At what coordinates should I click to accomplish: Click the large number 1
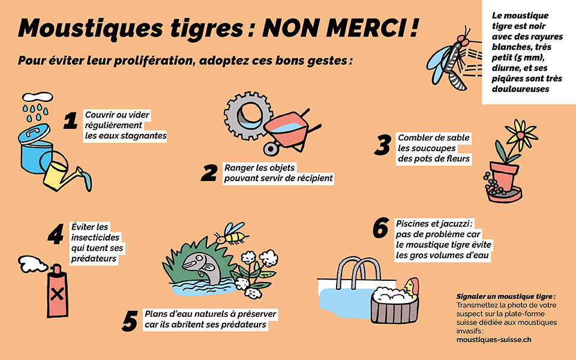pyautogui.click(x=71, y=121)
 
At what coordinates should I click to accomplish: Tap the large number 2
pyautogui.click(x=209, y=173)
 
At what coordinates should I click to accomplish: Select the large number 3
pyautogui.click(x=381, y=145)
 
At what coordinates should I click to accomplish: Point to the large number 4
pyautogui.click(x=55, y=234)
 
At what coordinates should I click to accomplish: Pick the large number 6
pyautogui.click(x=380, y=229)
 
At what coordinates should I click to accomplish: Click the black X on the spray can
pyautogui.click(x=58, y=294)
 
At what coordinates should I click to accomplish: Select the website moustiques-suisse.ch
pyautogui.click(x=494, y=340)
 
